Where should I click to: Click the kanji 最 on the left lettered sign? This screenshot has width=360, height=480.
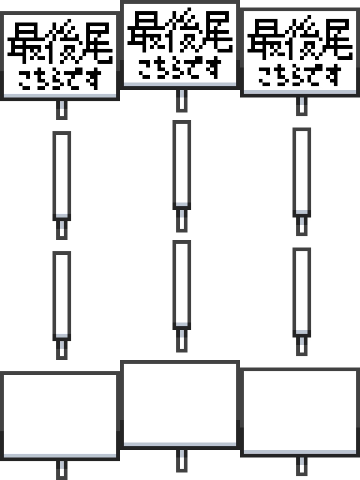[x=26, y=41]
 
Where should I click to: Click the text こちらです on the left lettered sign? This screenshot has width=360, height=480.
[x=60, y=79]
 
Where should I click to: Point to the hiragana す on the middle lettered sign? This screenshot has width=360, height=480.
[x=214, y=67]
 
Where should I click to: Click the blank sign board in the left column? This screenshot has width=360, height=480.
[x=60, y=416]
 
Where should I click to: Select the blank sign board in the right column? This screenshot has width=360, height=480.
[x=300, y=412]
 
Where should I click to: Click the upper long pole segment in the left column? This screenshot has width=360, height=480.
[x=62, y=176]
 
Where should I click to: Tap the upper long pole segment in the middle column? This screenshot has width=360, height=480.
[x=182, y=165]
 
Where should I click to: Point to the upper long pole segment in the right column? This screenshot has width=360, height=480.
[x=302, y=172]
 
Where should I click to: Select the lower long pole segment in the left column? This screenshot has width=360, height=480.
[x=62, y=296]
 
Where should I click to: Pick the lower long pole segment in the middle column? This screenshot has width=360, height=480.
[x=182, y=285]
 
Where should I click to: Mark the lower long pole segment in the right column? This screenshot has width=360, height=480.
[x=302, y=292]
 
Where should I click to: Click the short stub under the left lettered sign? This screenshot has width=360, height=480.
[x=62, y=110]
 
